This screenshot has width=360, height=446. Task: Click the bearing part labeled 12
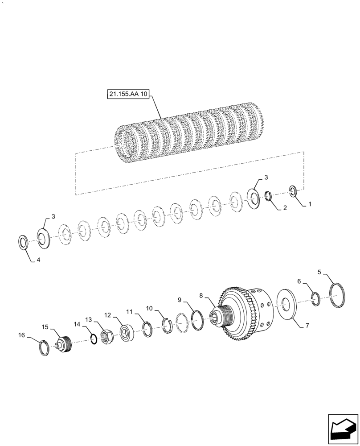tap(127, 333)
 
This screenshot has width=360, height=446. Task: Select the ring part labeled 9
tap(197, 319)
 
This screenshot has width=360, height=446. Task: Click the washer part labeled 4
tap(23, 243)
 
